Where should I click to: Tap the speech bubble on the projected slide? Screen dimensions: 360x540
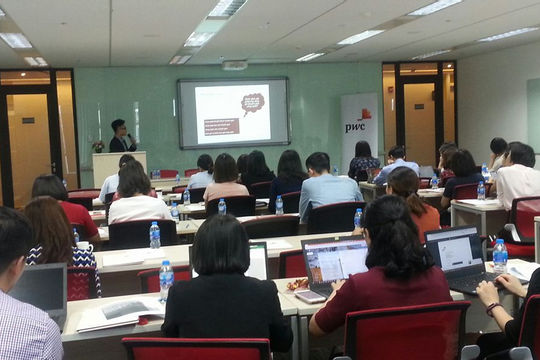(251, 102)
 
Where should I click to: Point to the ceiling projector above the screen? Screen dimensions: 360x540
(234, 65)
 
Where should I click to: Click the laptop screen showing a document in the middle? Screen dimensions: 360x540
(335, 261)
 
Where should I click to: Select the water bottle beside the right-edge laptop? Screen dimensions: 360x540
(499, 256)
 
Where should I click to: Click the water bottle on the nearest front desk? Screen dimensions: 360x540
(166, 281)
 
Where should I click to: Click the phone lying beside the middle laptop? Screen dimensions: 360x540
(309, 297)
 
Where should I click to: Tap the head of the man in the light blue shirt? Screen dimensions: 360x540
(318, 163)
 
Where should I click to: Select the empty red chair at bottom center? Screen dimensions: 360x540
(196, 349)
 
